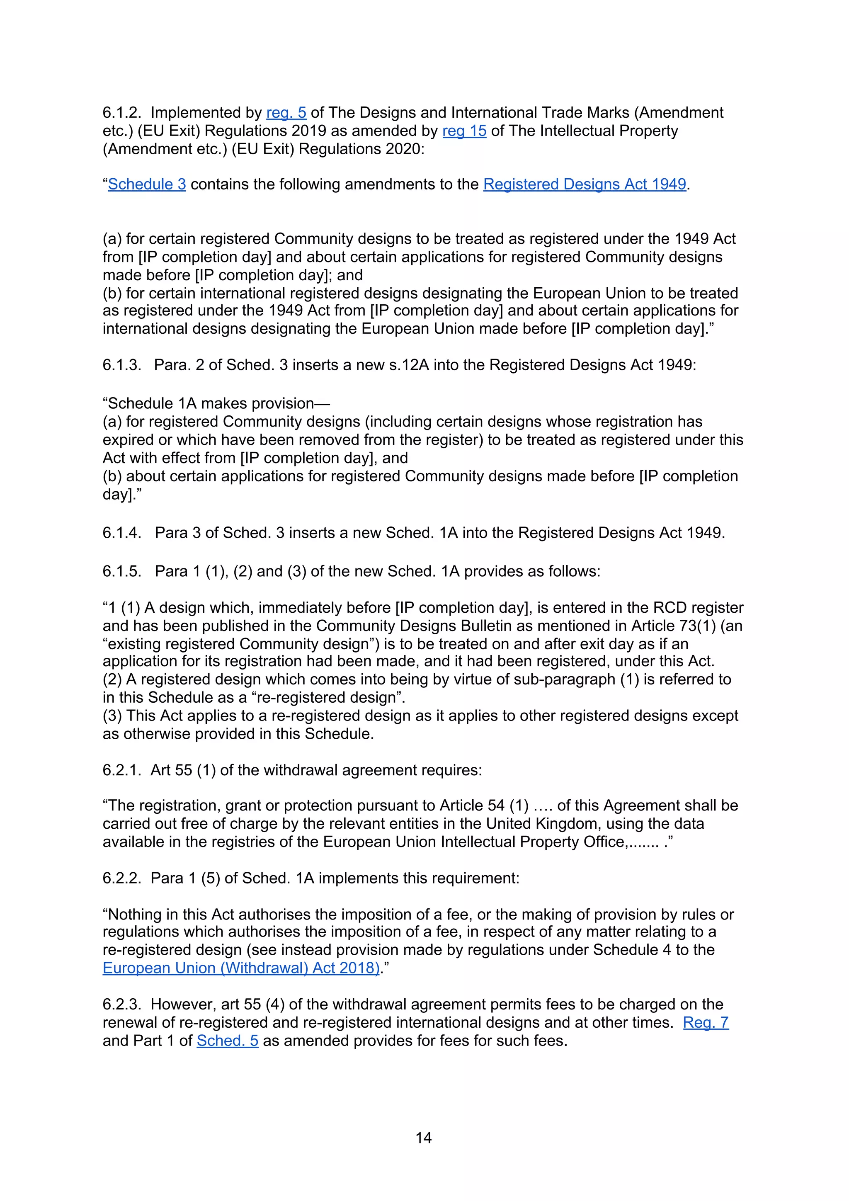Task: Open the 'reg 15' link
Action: tap(464, 131)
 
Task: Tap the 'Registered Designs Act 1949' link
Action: tap(584, 184)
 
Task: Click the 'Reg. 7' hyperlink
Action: tap(706, 1022)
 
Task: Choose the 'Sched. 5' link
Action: tap(228, 1041)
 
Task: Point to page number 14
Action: tap(423, 1138)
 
